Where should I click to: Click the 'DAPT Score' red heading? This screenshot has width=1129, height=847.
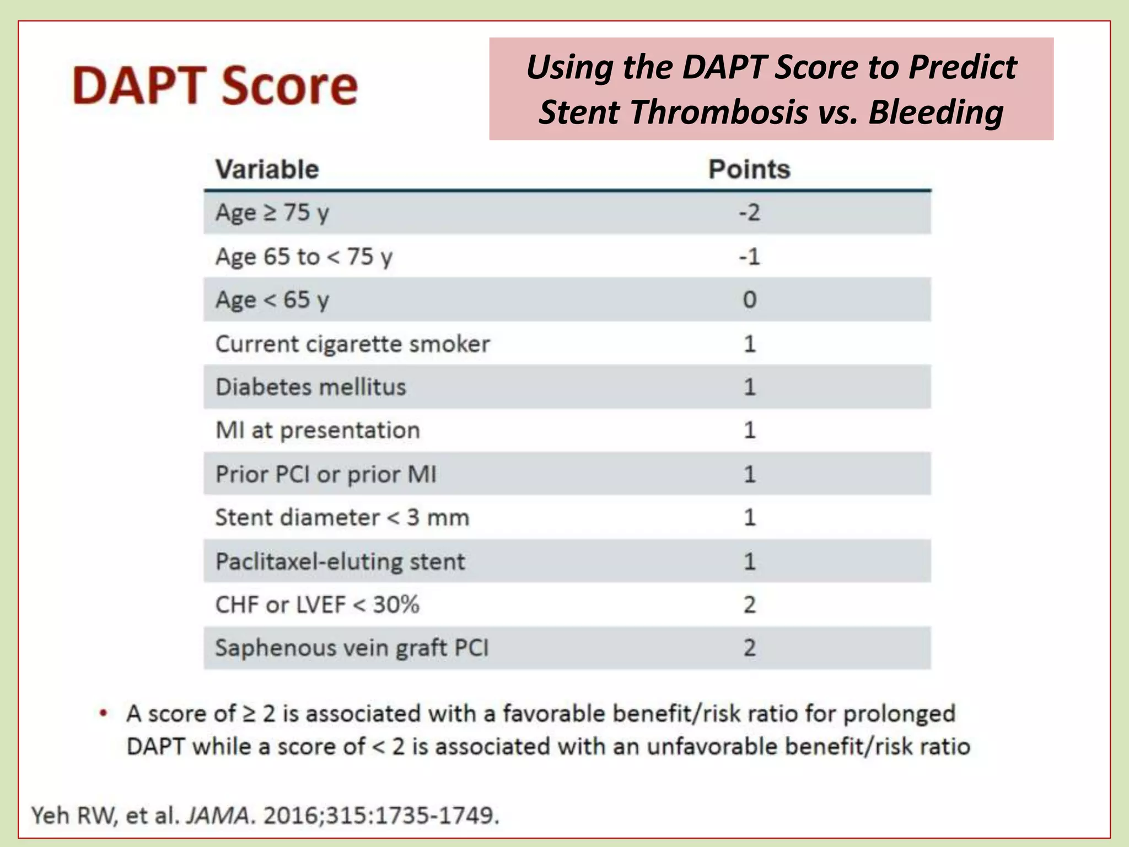click(x=215, y=85)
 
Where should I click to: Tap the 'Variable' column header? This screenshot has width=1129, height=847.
click(x=267, y=169)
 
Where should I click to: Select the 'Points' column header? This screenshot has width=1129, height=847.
click(x=749, y=169)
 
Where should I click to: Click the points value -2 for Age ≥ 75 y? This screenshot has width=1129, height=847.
click(x=749, y=213)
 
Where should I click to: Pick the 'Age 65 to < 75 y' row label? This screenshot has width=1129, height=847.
click(x=304, y=257)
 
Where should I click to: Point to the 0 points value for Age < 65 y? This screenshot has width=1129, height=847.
click(x=750, y=300)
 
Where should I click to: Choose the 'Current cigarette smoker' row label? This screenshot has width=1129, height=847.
click(x=352, y=344)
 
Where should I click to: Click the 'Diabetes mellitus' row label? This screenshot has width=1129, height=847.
click(x=311, y=387)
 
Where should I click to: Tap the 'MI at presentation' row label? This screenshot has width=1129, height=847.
click(x=318, y=430)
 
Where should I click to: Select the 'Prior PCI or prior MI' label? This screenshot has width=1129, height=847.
click(x=326, y=474)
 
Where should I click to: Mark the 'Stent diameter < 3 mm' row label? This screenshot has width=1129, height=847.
click(x=342, y=518)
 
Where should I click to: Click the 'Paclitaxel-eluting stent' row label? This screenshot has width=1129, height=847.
click(x=340, y=561)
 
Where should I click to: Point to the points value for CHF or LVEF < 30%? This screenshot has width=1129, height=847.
click(x=750, y=605)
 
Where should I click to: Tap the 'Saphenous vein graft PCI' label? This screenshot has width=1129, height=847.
click(x=352, y=648)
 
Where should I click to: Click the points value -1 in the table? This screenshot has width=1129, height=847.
click(x=749, y=257)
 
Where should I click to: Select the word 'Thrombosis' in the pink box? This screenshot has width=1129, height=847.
click(x=719, y=112)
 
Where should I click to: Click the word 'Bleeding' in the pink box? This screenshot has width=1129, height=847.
click(x=936, y=112)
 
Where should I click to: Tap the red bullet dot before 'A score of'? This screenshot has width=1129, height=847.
click(x=103, y=713)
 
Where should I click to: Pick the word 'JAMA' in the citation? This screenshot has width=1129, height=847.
click(x=218, y=815)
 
